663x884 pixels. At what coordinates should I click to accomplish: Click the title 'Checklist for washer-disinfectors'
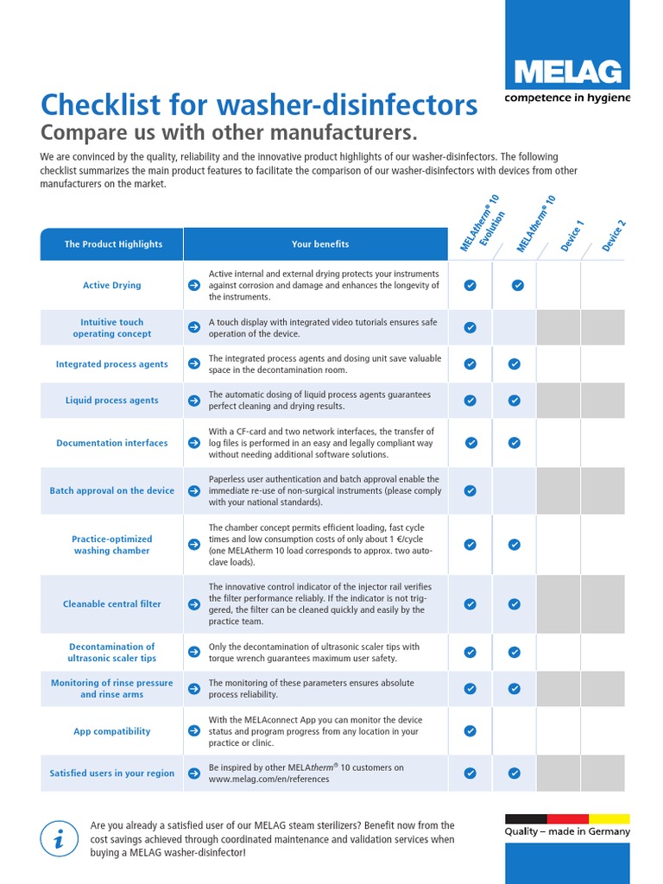[x=258, y=105]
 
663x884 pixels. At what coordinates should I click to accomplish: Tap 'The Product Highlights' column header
[x=113, y=244]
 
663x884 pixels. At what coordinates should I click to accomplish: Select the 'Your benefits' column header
[x=320, y=244]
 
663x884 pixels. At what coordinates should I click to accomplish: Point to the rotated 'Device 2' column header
[x=614, y=236]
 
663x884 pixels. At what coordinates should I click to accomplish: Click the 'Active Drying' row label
[x=112, y=285]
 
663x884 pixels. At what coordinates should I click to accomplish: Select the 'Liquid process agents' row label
[x=112, y=401]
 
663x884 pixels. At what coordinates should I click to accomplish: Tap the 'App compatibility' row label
[x=112, y=731]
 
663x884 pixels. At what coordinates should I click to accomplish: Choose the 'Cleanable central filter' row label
[x=112, y=604]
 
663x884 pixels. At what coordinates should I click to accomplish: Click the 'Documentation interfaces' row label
[x=112, y=443]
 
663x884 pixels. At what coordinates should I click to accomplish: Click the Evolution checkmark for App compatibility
[x=470, y=731]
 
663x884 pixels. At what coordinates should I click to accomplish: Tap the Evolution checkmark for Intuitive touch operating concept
[x=470, y=328]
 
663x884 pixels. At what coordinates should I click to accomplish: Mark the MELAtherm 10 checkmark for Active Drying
[x=517, y=285]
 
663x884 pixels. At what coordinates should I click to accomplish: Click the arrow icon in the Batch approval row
[x=194, y=490]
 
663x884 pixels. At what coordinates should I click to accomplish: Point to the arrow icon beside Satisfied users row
[x=194, y=773]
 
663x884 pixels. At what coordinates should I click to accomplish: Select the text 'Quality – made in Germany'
[x=567, y=832]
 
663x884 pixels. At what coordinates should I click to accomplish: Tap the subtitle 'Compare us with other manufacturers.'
[x=229, y=133]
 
